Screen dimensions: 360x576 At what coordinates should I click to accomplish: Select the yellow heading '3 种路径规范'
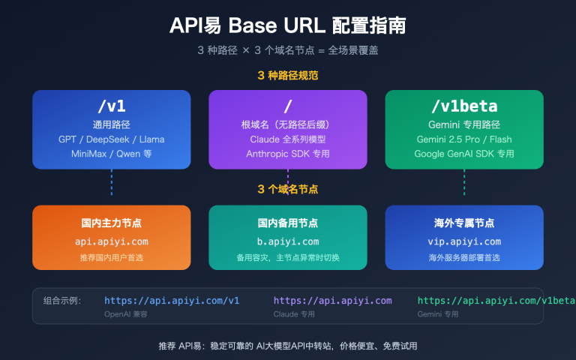pos(288,76)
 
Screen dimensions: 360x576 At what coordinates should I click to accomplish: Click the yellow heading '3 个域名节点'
pos(288,189)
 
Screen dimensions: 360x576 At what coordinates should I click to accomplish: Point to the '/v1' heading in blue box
pos(111,106)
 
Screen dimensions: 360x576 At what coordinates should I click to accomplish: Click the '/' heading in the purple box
pos(288,106)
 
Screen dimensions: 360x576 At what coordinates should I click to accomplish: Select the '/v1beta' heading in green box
pos(463,106)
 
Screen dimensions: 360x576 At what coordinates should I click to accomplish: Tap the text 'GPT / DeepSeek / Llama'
pos(111,139)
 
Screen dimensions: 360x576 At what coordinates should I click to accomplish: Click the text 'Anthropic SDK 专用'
pos(288,154)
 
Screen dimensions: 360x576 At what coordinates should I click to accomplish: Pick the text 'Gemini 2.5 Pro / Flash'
pos(463,139)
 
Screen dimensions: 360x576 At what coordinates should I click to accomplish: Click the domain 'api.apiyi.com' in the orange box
pos(111,241)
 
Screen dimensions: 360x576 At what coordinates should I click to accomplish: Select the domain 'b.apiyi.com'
pos(288,241)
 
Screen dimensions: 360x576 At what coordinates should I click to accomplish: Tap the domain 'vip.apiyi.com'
pos(463,241)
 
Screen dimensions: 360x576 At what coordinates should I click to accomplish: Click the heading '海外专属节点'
pos(463,223)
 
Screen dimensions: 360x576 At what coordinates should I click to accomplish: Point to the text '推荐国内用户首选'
pos(111,258)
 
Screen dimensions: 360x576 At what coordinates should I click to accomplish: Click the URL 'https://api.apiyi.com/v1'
pos(172,301)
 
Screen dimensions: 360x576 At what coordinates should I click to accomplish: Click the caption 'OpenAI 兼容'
pos(126,314)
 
